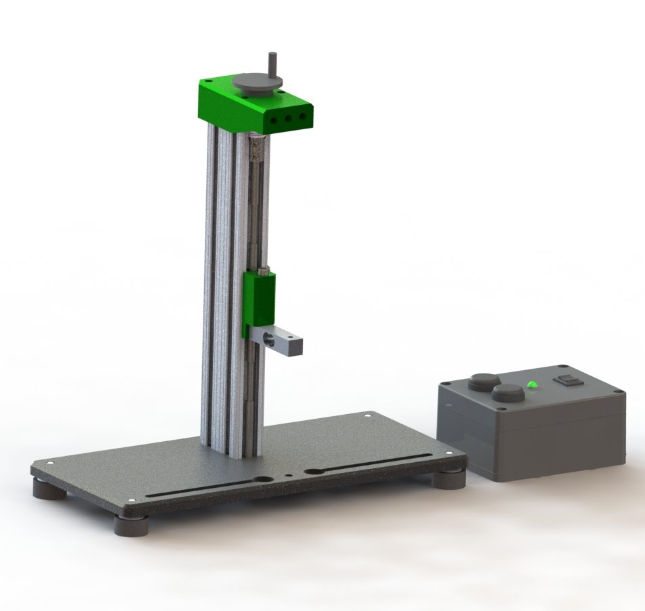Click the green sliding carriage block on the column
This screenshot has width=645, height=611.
[x=258, y=304]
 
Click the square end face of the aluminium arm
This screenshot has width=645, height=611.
[x=295, y=345]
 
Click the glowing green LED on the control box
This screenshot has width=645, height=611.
[x=531, y=384]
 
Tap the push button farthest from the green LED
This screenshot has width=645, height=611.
[x=484, y=382]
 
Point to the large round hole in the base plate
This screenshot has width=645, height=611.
[x=263, y=478]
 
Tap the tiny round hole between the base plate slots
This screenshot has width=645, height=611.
[x=289, y=474]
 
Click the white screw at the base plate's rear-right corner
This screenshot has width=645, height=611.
[x=367, y=415]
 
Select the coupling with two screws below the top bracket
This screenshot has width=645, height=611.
[x=255, y=148]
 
